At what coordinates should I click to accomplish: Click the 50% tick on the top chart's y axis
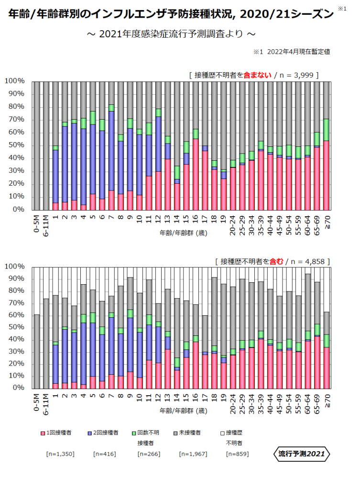[14, 145]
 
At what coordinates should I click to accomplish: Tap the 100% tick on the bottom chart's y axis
[14, 267]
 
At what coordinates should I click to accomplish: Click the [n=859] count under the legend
[237, 454]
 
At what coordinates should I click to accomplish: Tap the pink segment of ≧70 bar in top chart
[327, 175]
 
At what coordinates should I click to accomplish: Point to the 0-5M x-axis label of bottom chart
[36, 402]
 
